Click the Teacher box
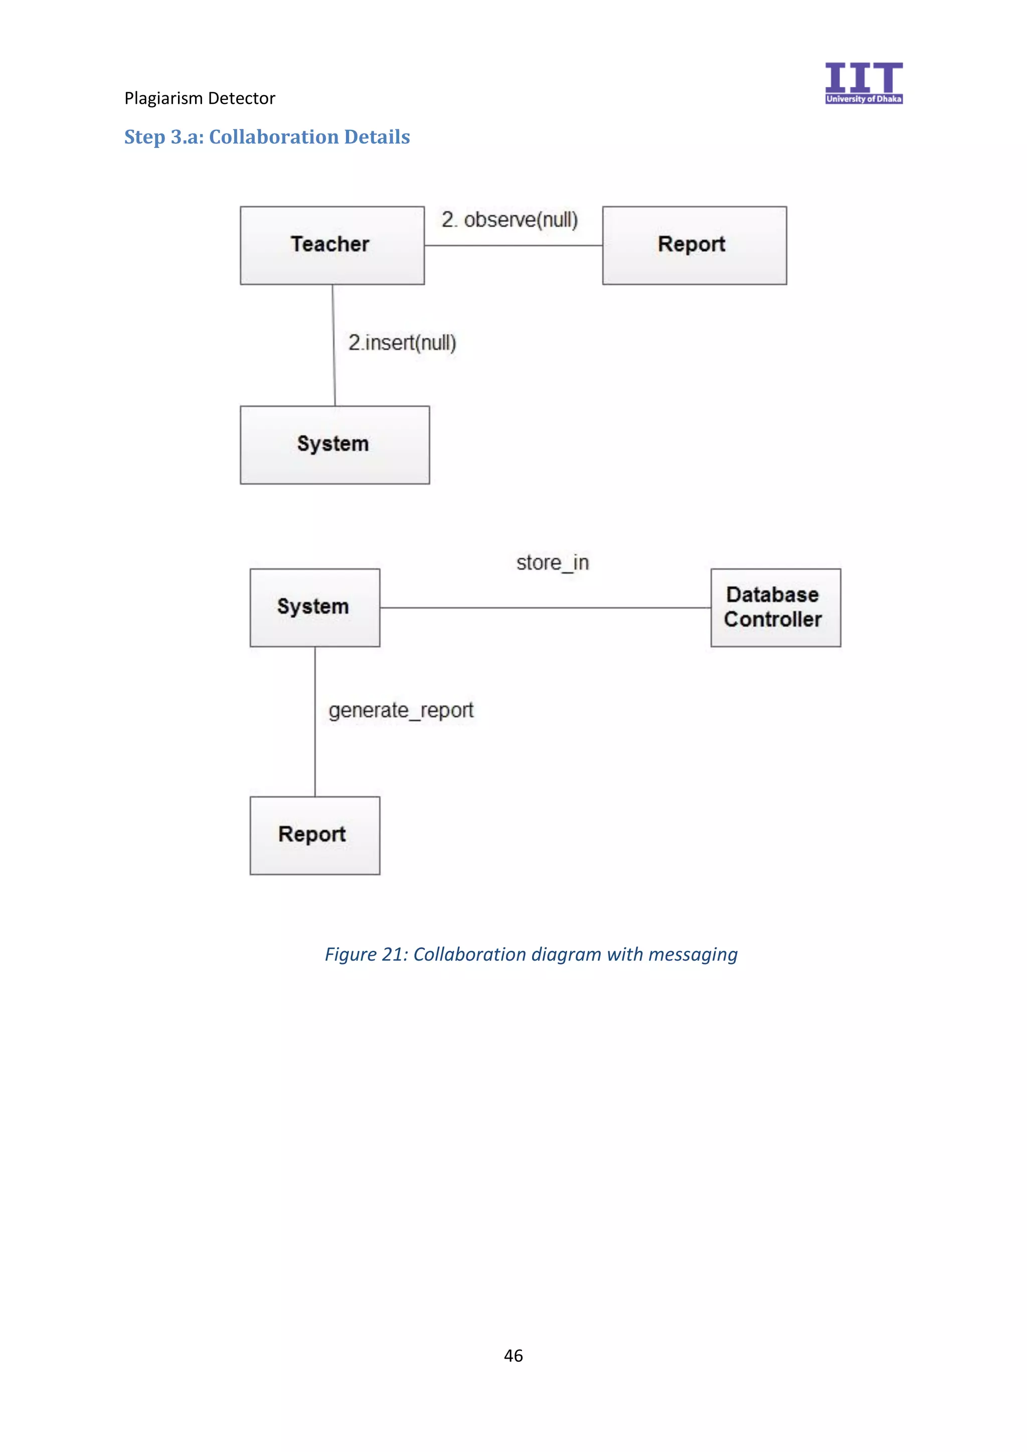[332, 245]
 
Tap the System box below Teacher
[334, 445]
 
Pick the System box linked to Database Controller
[314, 607]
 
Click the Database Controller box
[775, 607]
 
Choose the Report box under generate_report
[314, 835]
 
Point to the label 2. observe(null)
[509, 220]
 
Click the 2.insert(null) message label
[402, 343]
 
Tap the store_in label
[553, 562]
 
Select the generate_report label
[401, 710]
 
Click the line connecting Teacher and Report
[513, 245]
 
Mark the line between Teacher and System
[334, 380]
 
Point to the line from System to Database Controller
[545, 608]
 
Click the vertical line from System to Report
[315, 759]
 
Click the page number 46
[513, 1355]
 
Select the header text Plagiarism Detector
[200, 99]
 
